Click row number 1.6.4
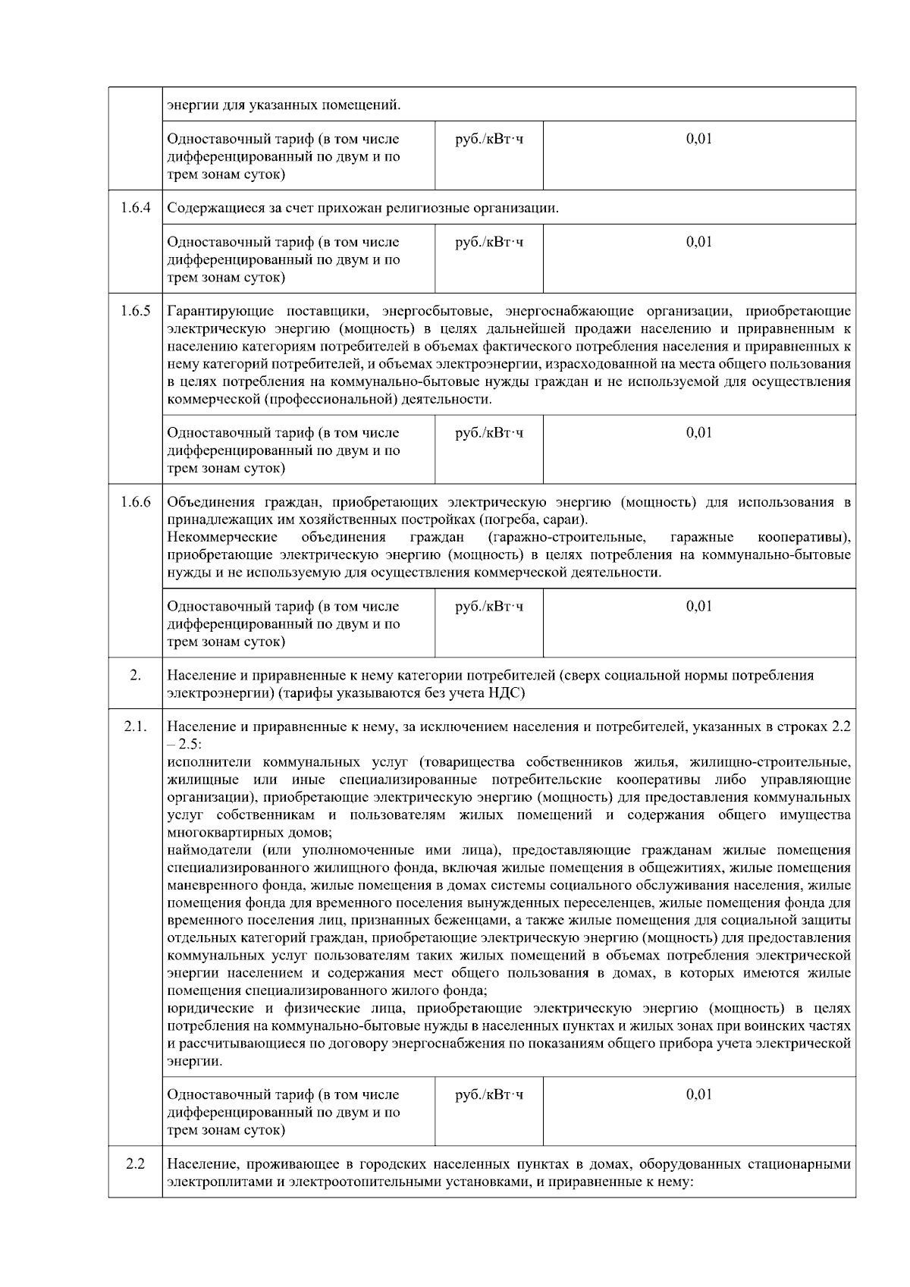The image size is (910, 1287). pos(135,208)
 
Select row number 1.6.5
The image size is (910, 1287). pos(135,311)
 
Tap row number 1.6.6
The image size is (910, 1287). pos(135,502)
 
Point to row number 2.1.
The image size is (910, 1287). pos(135,727)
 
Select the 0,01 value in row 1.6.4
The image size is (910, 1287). pos(698,242)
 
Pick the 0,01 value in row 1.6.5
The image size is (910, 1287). pos(698,433)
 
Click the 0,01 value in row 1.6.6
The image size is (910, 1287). pos(698,607)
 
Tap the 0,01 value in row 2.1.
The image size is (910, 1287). pos(698,1095)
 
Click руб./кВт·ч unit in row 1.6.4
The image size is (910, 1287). pos(488,242)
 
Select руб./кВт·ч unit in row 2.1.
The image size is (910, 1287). pos(488,1095)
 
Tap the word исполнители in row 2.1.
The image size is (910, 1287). pos(209,762)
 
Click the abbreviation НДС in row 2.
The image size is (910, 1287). pos(508,693)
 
